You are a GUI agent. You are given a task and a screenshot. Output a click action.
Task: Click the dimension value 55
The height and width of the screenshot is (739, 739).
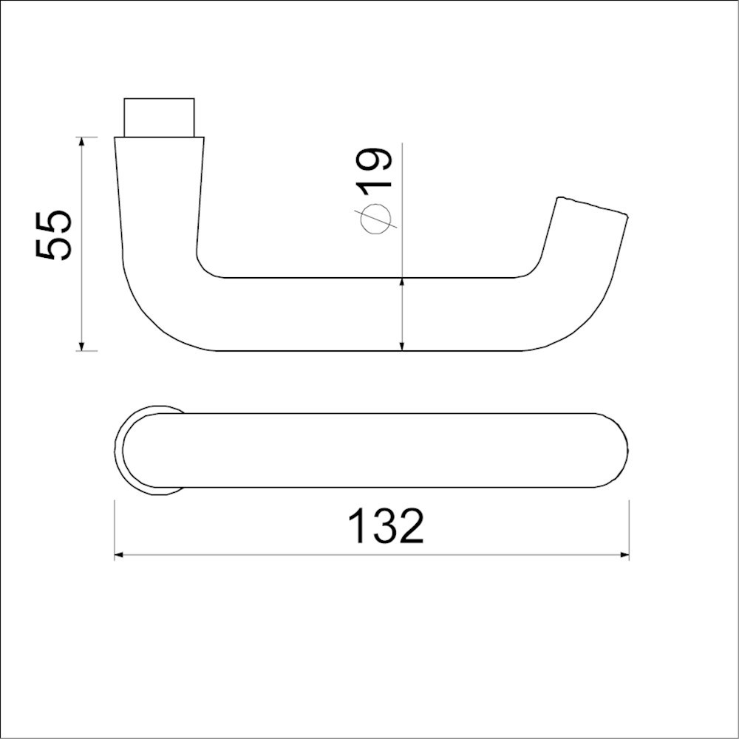pyautogui.click(x=55, y=235)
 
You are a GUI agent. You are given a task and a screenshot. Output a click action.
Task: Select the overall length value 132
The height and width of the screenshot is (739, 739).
pyautogui.click(x=386, y=526)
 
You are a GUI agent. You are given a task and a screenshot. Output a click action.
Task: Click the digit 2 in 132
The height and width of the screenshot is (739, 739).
pyautogui.click(x=410, y=526)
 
